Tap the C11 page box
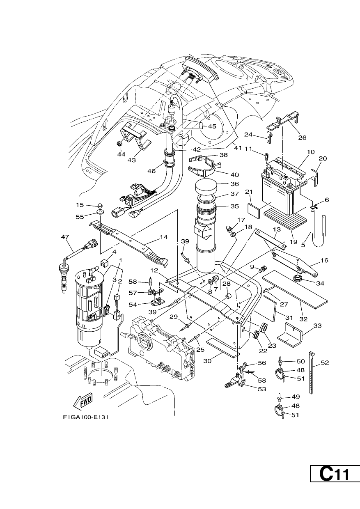[335, 491]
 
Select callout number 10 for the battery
[311, 152]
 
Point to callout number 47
[65, 237]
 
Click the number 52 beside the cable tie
[325, 363]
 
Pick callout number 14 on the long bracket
[163, 237]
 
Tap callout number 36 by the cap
[235, 183]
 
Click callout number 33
[317, 326]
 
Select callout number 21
[249, 192]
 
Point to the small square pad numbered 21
[253, 211]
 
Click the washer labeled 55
[100, 213]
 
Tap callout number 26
[302, 138]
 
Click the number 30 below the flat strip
[207, 361]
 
